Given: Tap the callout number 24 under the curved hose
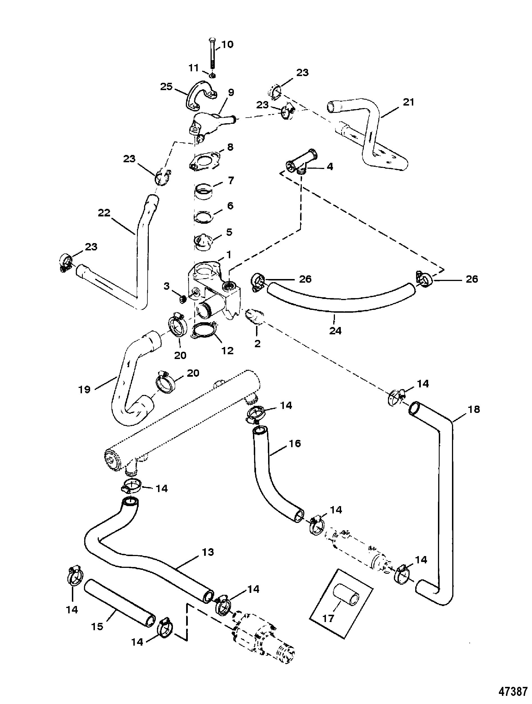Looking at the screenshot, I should pos(335,331).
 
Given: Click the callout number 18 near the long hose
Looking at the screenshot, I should pos(474,409).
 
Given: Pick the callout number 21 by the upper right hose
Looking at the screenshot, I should pos(408,102).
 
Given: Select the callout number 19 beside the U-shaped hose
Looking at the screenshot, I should pos(85,389).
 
